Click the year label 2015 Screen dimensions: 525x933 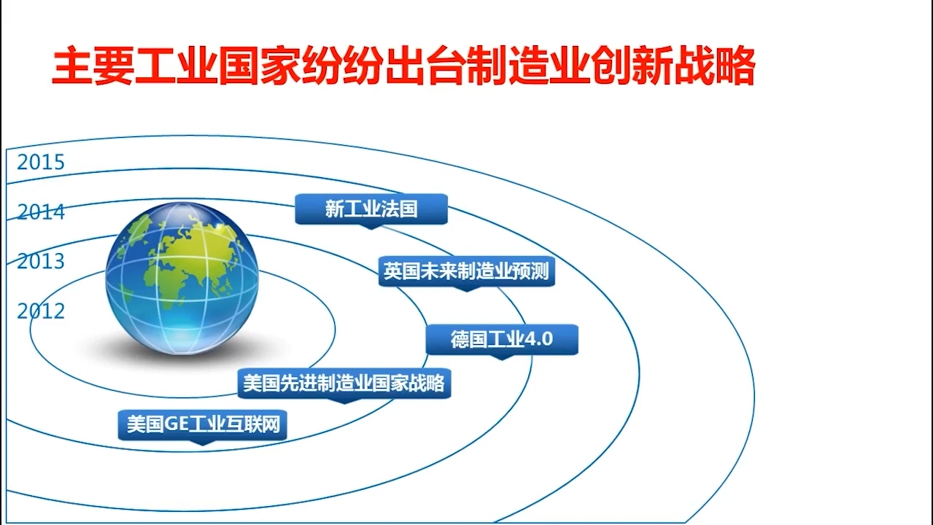point(41,162)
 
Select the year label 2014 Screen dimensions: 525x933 point(41,212)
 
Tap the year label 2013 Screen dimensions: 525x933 point(41,261)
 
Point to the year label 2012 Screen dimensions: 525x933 point(41,311)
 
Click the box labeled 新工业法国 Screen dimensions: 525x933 point(371,209)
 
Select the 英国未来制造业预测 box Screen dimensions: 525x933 point(466,272)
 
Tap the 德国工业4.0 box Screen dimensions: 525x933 point(501,340)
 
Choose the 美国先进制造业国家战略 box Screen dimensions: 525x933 point(344,384)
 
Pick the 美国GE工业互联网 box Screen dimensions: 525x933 point(202,424)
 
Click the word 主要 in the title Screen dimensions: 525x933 point(93,68)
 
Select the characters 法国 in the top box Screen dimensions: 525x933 point(400,209)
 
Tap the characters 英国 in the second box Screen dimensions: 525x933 point(400,272)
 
